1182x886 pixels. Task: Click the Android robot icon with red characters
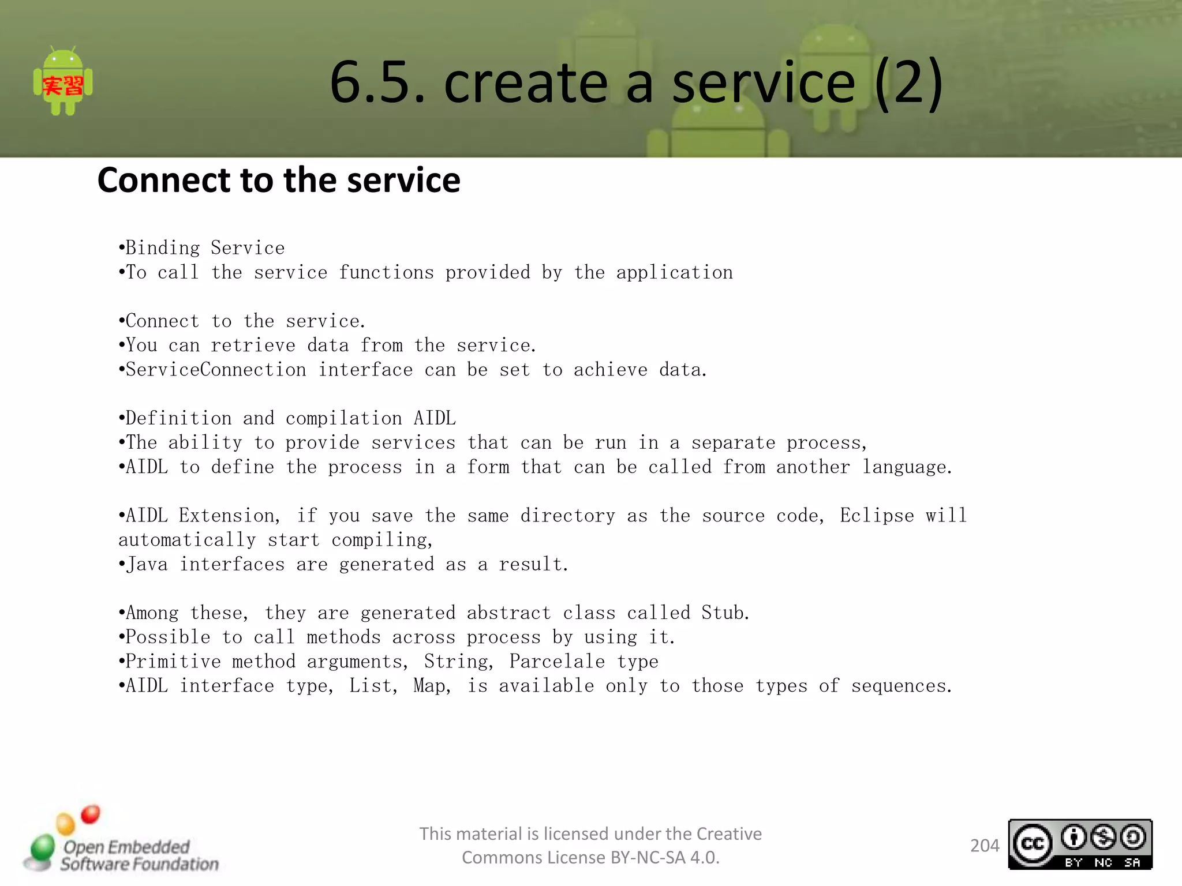63,81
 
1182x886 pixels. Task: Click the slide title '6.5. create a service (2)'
636,82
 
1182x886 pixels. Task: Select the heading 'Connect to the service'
279,180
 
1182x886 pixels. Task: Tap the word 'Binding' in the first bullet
163,248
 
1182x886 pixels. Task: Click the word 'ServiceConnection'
216,370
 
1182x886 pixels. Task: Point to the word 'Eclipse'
877,515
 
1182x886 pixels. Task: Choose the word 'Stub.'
725,613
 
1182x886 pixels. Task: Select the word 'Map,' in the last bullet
432,686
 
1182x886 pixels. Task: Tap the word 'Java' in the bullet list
147,564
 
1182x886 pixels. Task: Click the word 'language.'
907,467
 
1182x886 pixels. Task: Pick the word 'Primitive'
173,661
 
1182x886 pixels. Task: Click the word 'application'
674,272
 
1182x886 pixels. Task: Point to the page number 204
984,846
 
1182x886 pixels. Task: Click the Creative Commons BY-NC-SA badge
1080,844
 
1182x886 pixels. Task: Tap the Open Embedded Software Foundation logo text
139,855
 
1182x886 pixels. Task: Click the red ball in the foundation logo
91,814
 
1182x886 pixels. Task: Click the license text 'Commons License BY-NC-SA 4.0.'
590,858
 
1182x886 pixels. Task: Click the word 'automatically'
187,540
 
